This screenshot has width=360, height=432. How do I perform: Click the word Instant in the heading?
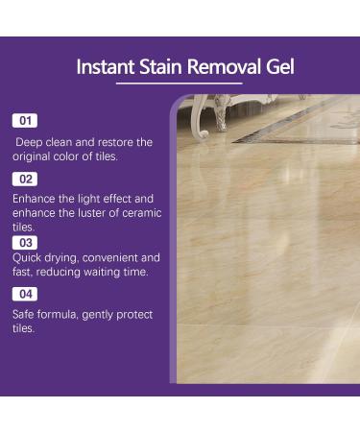[106, 67]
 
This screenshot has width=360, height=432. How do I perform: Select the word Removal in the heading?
[227, 67]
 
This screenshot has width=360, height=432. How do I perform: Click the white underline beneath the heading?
[179, 84]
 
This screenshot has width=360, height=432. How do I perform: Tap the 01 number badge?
[25, 121]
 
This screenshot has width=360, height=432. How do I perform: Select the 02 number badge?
[25, 179]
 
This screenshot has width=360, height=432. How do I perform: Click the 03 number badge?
[25, 242]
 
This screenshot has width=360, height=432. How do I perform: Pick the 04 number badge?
[25, 294]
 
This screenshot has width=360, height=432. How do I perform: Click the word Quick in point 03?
[28, 258]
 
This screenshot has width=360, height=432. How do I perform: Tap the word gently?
[101, 315]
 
